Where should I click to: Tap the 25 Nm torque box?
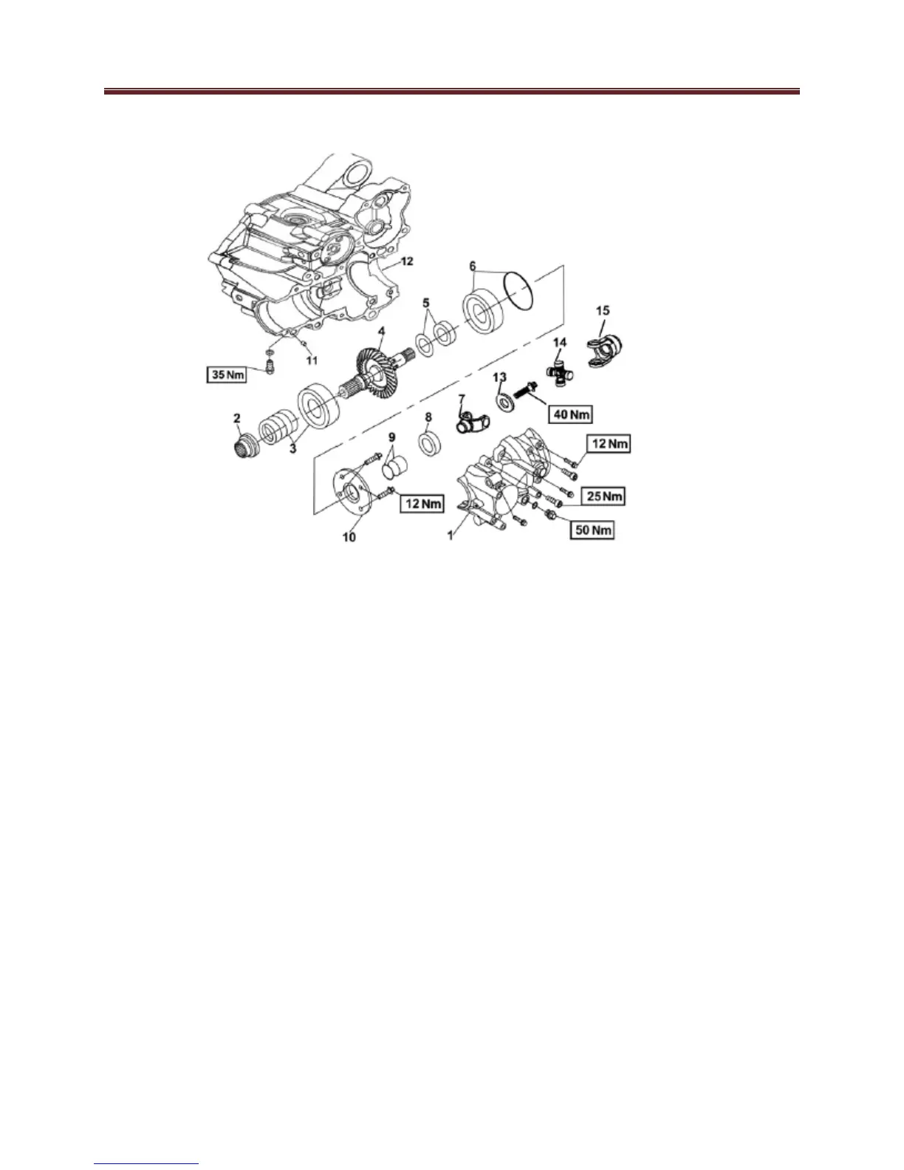pyautogui.click(x=602, y=496)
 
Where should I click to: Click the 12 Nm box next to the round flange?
pyautogui.click(x=422, y=503)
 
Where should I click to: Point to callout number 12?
pyautogui.click(x=407, y=261)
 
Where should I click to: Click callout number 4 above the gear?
pyautogui.click(x=380, y=334)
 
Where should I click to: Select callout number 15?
pyautogui.click(x=602, y=310)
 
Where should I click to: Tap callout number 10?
pyautogui.click(x=349, y=537)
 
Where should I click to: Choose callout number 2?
pyautogui.click(x=237, y=419)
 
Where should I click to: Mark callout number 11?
pyautogui.click(x=312, y=360)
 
